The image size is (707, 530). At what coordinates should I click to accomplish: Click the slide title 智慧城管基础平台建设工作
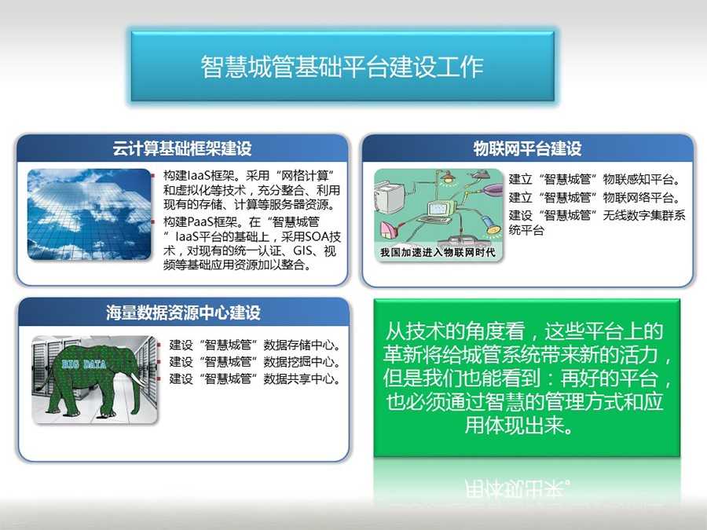point(342,67)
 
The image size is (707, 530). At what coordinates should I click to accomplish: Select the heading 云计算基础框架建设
point(182,148)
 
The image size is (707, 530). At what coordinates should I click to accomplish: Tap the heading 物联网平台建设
point(527,148)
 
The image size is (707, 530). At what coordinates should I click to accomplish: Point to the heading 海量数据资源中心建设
point(183,313)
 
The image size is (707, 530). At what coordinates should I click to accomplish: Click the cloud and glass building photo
point(90,214)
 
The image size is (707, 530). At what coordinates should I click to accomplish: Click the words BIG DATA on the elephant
point(84,364)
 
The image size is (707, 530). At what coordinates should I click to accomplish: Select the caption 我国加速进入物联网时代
point(438,252)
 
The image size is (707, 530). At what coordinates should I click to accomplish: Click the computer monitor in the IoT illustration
point(439,209)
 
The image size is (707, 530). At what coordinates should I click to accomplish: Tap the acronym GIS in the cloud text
point(302,250)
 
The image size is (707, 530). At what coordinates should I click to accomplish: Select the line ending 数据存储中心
point(255,345)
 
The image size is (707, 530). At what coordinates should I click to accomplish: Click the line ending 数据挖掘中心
point(255,361)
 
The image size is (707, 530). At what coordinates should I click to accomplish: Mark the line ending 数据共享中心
point(255,378)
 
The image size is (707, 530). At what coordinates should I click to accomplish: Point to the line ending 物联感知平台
point(595,179)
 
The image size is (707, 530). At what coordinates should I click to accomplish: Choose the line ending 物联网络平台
point(595,197)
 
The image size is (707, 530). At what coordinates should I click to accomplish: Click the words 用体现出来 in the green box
point(518,424)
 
